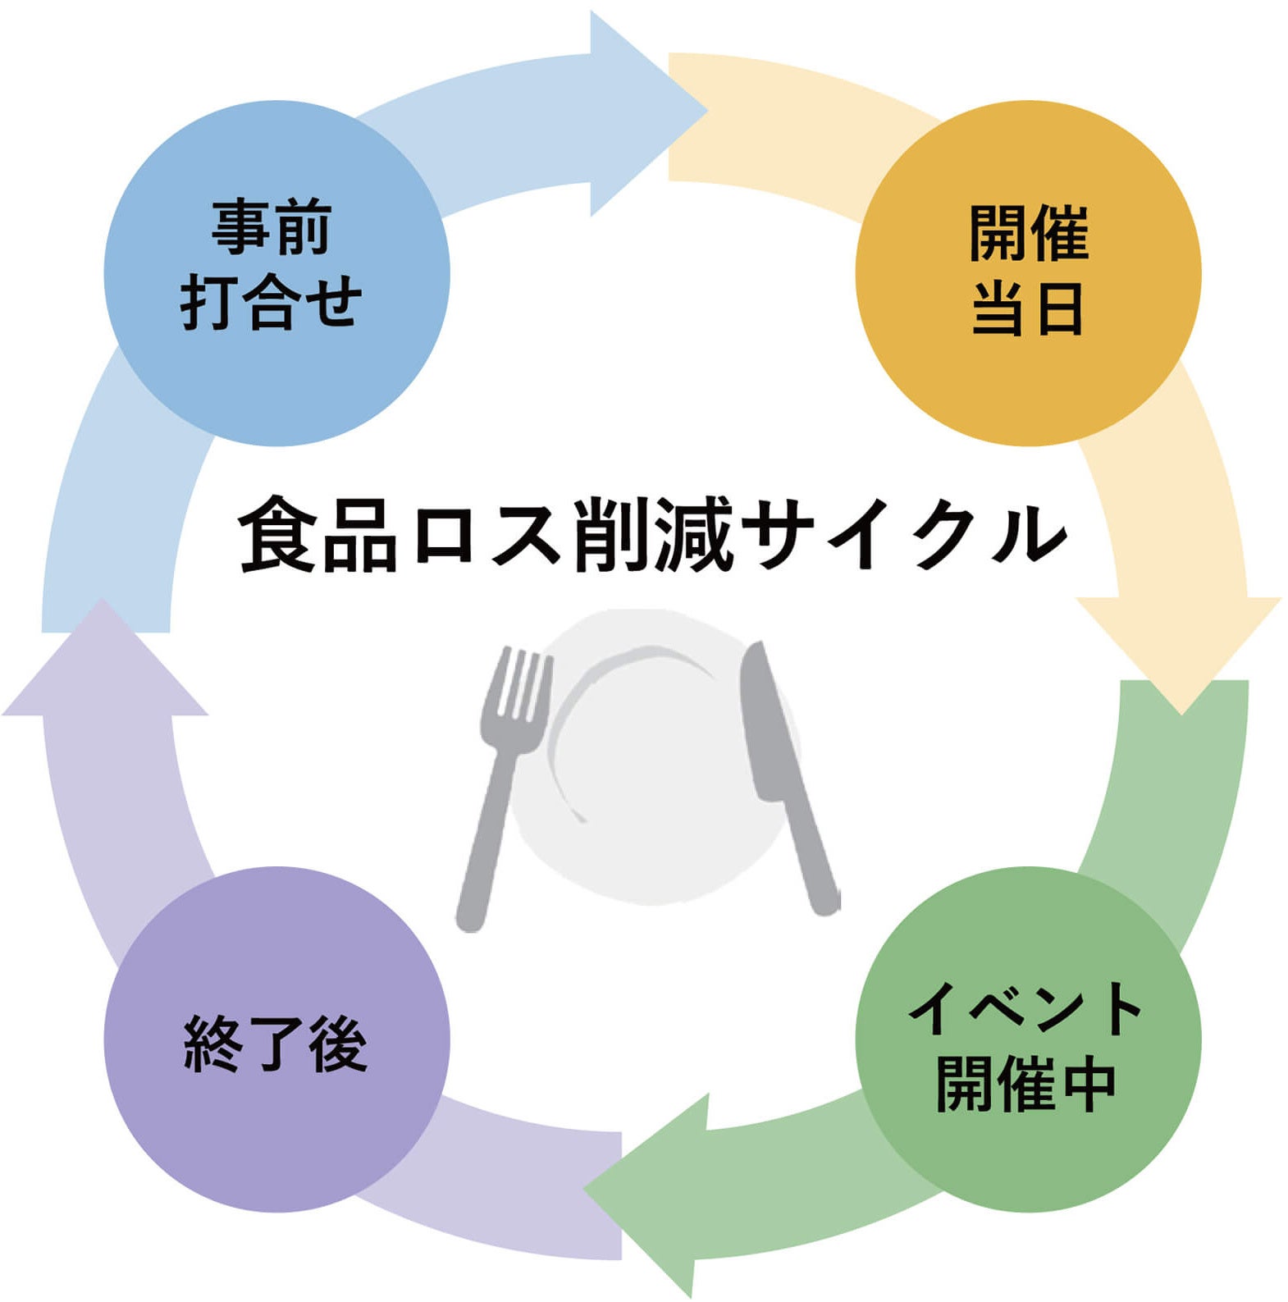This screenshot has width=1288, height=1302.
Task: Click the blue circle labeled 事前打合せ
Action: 276,273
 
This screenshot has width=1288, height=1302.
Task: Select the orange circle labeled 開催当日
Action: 1027,273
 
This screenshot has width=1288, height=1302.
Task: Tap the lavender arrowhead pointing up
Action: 103,665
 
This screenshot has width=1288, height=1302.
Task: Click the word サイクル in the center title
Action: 907,534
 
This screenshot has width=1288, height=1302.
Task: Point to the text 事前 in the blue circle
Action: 272,227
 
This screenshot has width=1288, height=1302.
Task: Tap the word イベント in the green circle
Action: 1025,1008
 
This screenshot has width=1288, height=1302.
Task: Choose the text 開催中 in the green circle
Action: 1025,1082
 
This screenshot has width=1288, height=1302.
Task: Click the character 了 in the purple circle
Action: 276,1044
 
